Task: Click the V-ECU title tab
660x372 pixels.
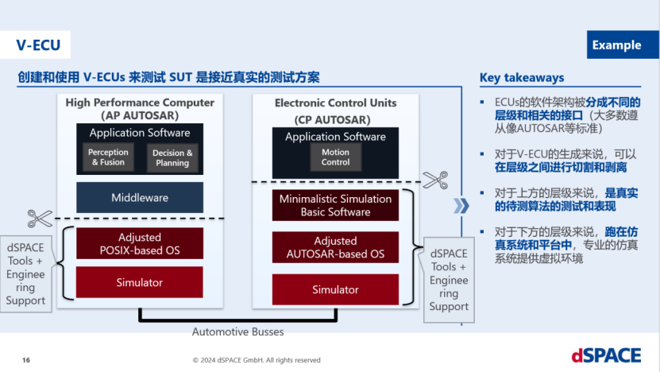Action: [x=37, y=45]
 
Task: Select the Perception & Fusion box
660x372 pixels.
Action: [x=108, y=157]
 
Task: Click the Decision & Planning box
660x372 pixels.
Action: [x=172, y=157]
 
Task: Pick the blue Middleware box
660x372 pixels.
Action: [x=139, y=197]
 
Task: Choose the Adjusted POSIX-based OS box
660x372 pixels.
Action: [x=139, y=243]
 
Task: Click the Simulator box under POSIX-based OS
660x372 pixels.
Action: [x=139, y=282]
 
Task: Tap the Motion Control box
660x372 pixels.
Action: [x=335, y=157]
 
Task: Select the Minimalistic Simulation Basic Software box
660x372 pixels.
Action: [x=335, y=205]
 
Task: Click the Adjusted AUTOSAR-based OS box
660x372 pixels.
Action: [x=335, y=247]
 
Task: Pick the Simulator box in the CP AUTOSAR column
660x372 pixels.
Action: [x=335, y=289]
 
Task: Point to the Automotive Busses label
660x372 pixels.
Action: [x=236, y=331]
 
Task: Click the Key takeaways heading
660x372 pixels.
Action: [x=522, y=77]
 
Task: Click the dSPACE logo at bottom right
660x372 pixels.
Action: [x=604, y=354]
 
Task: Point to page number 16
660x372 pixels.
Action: [x=26, y=359]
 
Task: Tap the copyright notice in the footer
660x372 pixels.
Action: [x=257, y=359]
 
